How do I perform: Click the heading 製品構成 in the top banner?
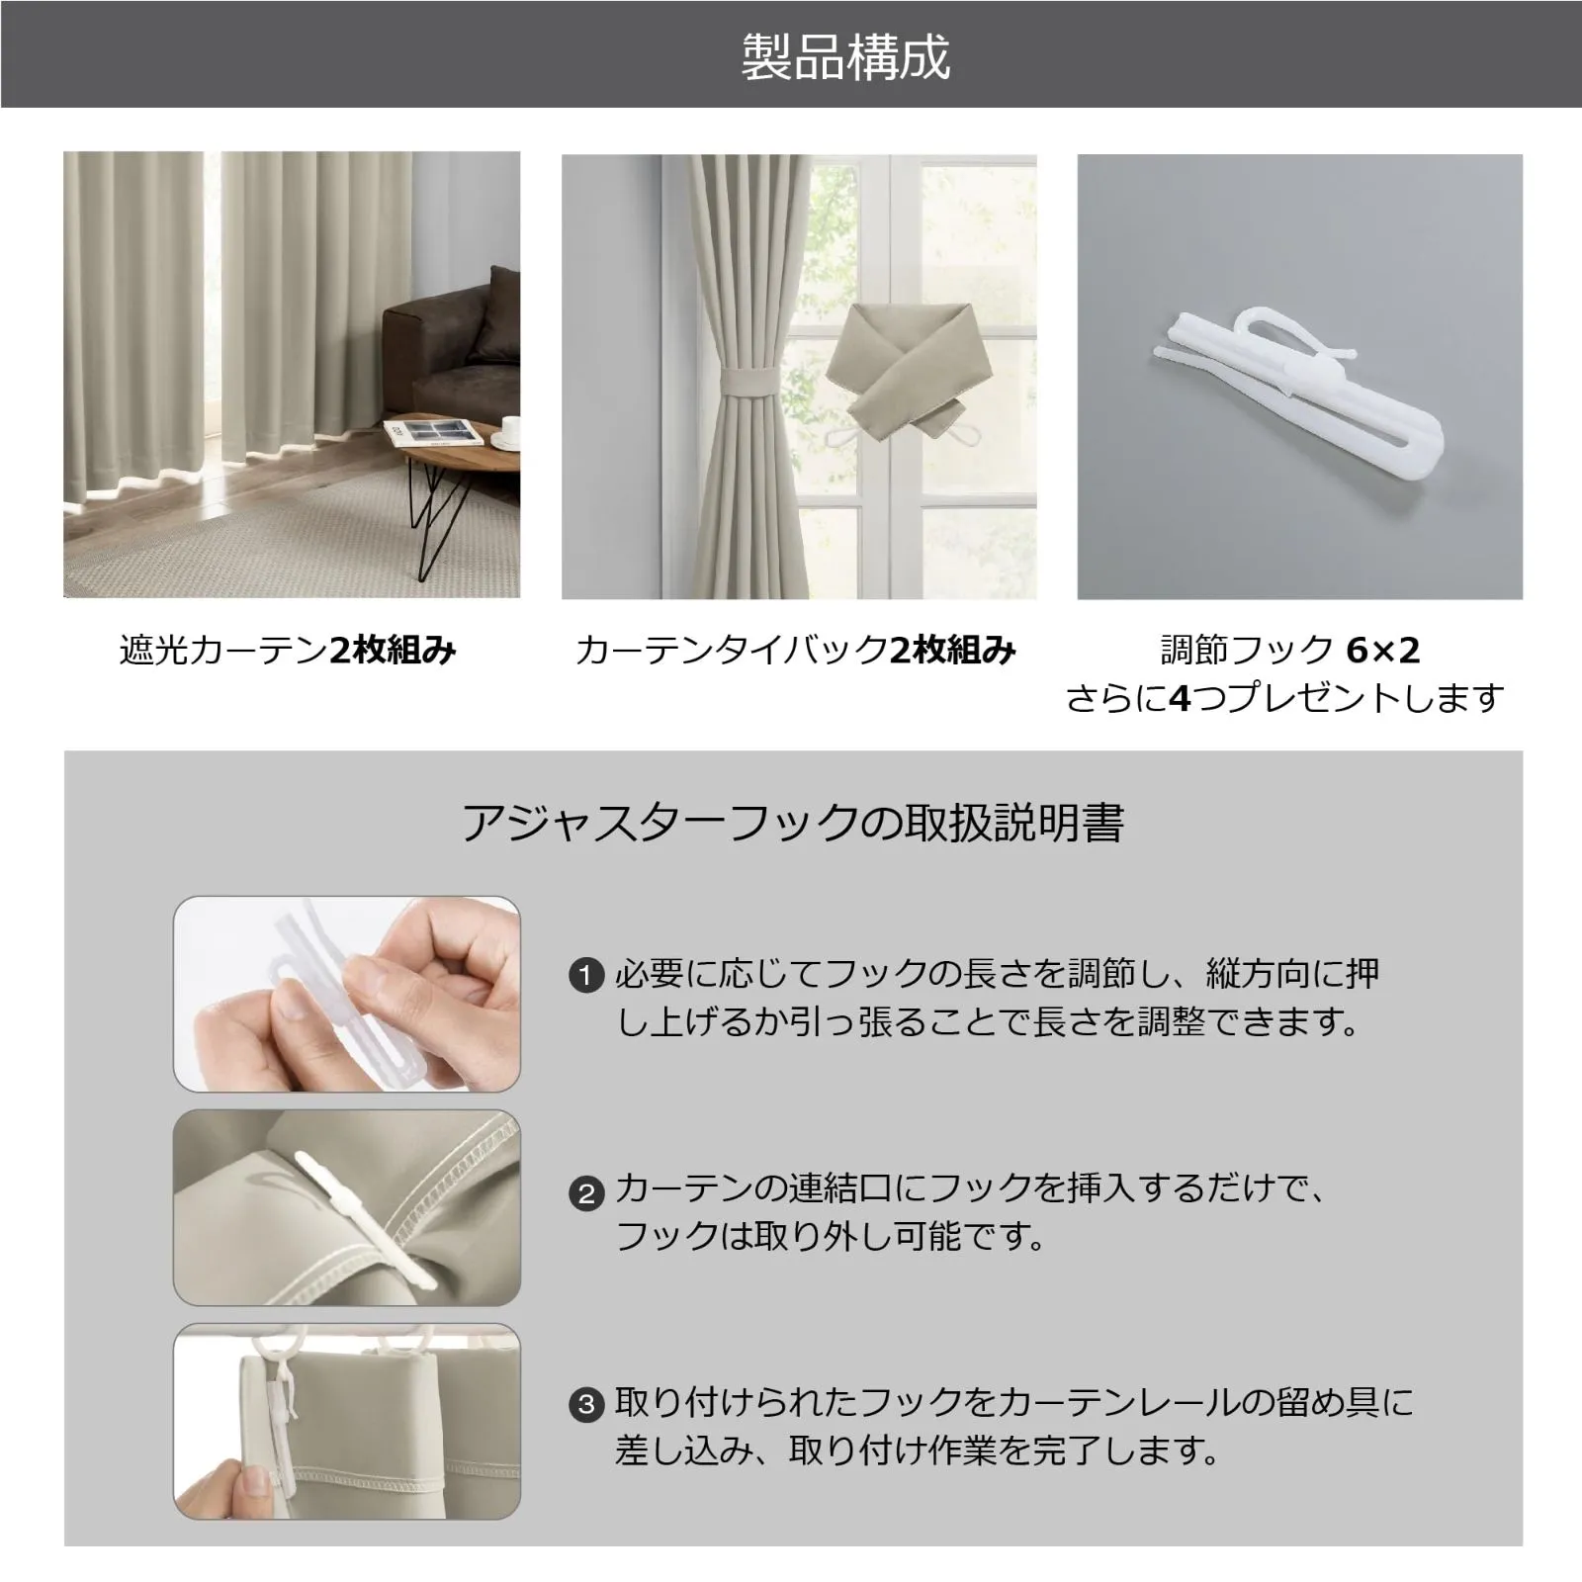(x=845, y=56)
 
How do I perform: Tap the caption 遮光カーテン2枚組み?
(x=288, y=651)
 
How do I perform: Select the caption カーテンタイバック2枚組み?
(x=795, y=651)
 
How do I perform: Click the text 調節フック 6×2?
(x=1290, y=651)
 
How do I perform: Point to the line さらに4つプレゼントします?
(x=1285, y=699)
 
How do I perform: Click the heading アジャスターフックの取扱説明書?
(x=793, y=823)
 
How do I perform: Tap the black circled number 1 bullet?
(x=586, y=977)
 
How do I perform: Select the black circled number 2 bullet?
(x=586, y=1194)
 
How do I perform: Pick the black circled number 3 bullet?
(x=586, y=1404)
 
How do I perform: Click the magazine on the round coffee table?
(x=435, y=433)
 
